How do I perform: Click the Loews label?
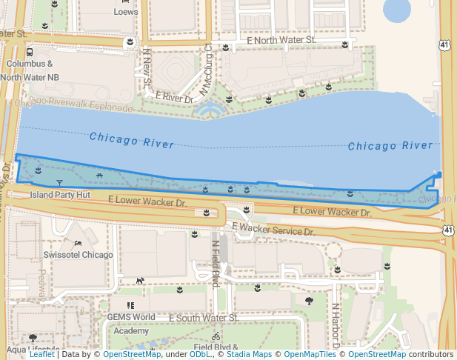[126, 12]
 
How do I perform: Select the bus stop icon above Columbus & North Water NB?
[30, 53]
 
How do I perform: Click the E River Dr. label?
[175, 97]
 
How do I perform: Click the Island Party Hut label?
[60, 195]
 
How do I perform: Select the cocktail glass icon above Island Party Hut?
[60, 182]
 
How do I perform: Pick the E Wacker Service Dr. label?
[273, 230]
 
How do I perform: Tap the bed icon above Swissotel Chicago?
[78, 243]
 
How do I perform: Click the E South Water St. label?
[203, 318]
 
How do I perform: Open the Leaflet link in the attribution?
[41, 354]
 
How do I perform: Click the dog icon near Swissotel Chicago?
[139, 281]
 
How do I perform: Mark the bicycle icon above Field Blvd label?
[216, 336]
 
